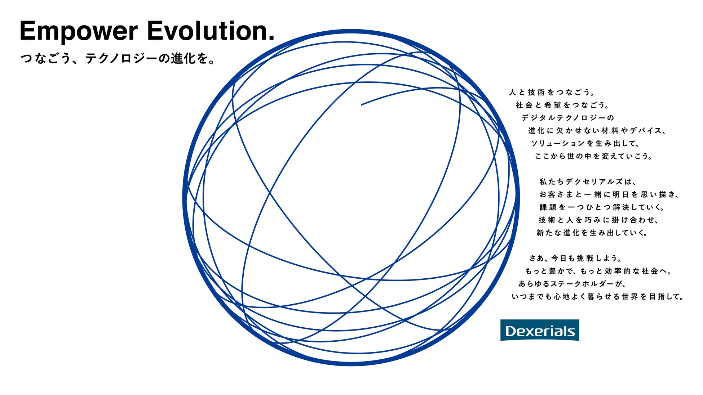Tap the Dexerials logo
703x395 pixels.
point(539,330)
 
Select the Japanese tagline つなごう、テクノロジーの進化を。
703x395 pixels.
point(118,58)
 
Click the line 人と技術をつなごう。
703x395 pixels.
point(552,93)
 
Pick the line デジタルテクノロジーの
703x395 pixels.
point(567,118)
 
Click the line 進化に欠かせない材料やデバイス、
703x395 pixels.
point(597,131)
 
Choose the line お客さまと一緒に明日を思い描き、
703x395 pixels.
point(610,194)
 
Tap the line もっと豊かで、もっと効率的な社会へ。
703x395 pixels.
point(599,271)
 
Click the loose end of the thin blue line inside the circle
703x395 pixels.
point(362,105)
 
